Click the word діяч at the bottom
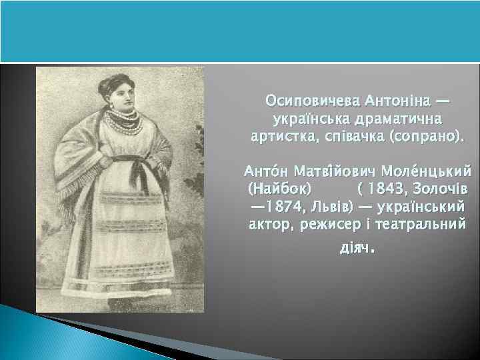pos(353,248)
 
